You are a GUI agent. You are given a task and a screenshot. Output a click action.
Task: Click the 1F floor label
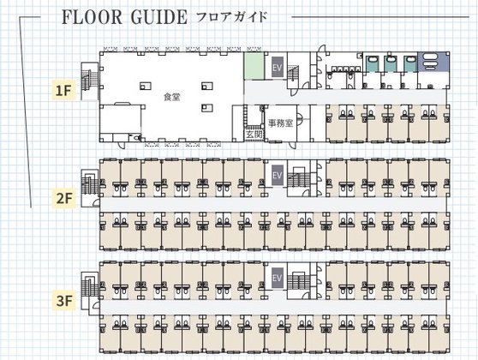[63, 90]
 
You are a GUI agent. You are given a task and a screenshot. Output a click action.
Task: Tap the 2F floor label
[64, 199]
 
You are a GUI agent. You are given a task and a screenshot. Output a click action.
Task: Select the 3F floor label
[64, 301]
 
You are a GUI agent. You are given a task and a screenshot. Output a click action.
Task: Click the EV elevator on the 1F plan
[277, 67]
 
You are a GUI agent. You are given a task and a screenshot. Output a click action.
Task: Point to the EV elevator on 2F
[277, 175]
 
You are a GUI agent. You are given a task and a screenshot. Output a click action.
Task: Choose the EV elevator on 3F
[277, 278]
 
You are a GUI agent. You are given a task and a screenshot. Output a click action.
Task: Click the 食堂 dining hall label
[171, 97]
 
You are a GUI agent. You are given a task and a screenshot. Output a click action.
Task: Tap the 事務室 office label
[280, 123]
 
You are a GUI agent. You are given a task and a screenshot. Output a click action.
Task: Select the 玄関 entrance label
[254, 135]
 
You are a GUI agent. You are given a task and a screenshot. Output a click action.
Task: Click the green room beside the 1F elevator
[254, 66]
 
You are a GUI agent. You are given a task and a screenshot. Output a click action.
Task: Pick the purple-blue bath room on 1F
[433, 62]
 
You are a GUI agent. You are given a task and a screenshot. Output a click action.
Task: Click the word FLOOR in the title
[92, 17]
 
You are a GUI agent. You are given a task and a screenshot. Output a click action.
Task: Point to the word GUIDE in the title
[158, 17]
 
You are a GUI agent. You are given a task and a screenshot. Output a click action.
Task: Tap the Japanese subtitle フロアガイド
[232, 17]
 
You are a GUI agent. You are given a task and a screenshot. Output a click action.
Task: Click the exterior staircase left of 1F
[90, 81]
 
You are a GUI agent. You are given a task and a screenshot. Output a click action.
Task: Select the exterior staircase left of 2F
[90, 189]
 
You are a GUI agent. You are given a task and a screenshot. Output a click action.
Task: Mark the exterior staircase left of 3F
[90, 291]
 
